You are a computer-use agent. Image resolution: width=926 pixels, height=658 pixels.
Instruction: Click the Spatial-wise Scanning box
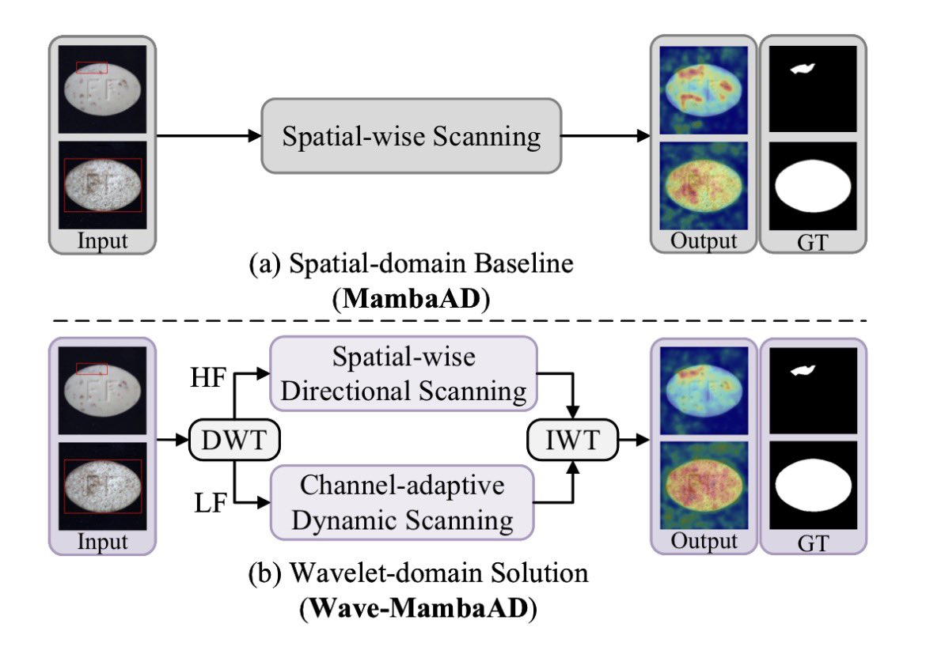411,136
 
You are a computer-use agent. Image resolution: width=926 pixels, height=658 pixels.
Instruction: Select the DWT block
234,441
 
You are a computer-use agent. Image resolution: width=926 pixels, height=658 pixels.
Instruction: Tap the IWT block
572,441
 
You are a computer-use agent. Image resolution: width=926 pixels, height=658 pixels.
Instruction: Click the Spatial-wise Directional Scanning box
404,373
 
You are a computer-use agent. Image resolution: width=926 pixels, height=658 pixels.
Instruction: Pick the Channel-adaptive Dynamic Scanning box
402,502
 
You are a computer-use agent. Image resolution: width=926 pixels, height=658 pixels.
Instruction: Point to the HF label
208,378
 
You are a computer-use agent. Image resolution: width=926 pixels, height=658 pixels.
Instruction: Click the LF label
211,503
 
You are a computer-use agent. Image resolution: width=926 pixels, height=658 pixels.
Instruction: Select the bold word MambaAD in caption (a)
412,299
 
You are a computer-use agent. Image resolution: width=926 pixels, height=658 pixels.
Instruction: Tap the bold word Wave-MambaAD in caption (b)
419,608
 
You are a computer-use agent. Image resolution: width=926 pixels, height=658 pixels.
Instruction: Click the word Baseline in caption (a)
524,263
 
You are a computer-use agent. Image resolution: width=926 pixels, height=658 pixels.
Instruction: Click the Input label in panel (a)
102,240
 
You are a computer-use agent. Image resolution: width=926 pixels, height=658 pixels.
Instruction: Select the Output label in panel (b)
704,541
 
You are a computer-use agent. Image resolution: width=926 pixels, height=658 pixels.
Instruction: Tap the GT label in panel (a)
813,242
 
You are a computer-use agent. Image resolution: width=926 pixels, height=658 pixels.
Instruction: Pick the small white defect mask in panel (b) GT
803,370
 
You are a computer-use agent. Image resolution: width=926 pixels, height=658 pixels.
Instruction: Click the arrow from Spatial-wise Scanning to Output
606,136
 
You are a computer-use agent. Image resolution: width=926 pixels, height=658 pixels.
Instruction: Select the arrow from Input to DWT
173,441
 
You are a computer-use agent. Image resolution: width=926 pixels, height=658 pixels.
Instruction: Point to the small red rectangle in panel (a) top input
92,68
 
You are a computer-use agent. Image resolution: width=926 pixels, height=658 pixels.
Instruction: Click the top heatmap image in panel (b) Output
704,391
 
